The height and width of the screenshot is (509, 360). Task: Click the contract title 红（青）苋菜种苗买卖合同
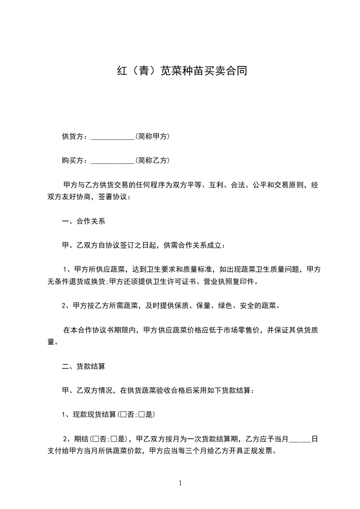point(180,71)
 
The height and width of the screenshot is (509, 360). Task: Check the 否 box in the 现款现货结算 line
point(123,414)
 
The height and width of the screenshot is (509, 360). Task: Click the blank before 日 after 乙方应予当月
point(300,439)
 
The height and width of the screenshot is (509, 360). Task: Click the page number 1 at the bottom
point(180,484)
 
